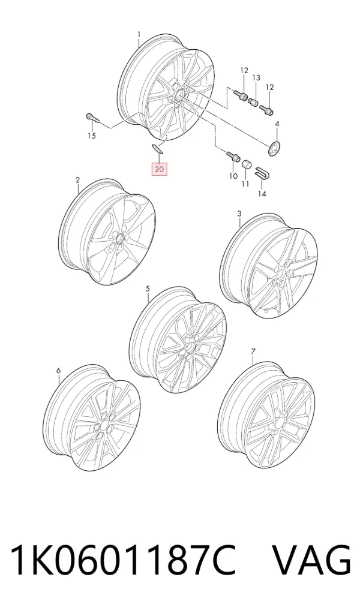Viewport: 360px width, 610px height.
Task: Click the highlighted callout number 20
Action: point(160,169)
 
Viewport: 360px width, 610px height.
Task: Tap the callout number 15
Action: point(91,136)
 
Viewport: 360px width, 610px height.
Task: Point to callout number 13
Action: point(256,78)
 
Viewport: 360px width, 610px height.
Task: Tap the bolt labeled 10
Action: point(232,157)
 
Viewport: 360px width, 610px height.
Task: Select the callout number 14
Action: point(262,193)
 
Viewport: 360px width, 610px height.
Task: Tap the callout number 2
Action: point(77,180)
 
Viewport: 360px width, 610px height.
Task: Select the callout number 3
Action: point(239,214)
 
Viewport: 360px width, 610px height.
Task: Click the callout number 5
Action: point(148,289)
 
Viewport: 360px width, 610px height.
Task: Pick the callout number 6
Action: point(58,370)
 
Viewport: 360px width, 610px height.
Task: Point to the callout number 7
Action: point(253,351)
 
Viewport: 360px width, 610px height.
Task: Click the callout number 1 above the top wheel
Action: point(139,35)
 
